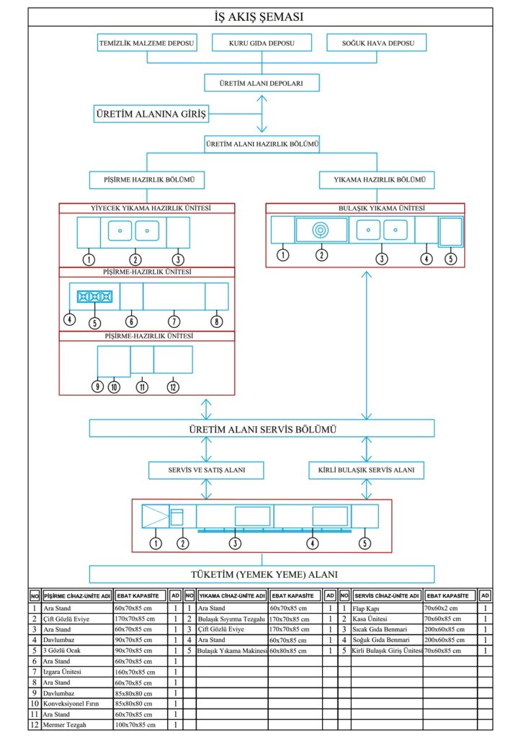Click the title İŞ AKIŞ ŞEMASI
coord(260,17)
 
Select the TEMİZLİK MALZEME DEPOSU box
coord(147,43)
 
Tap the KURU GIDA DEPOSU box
coord(261,43)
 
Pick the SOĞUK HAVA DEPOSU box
coord(375,43)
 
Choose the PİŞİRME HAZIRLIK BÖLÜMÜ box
coord(147,179)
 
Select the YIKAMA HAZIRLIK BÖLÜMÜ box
coord(375,179)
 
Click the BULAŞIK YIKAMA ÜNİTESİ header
coord(365,208)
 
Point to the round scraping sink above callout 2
coord(321,231)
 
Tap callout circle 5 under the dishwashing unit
coord(450,258)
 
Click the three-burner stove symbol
coord(94,295)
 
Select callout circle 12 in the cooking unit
coord(172,387)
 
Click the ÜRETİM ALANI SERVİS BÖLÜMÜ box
coord(262,429)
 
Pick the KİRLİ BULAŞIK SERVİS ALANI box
coord(366,471)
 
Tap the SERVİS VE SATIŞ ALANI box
coord(207,471)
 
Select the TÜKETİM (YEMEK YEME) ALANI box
coord(262,574)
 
